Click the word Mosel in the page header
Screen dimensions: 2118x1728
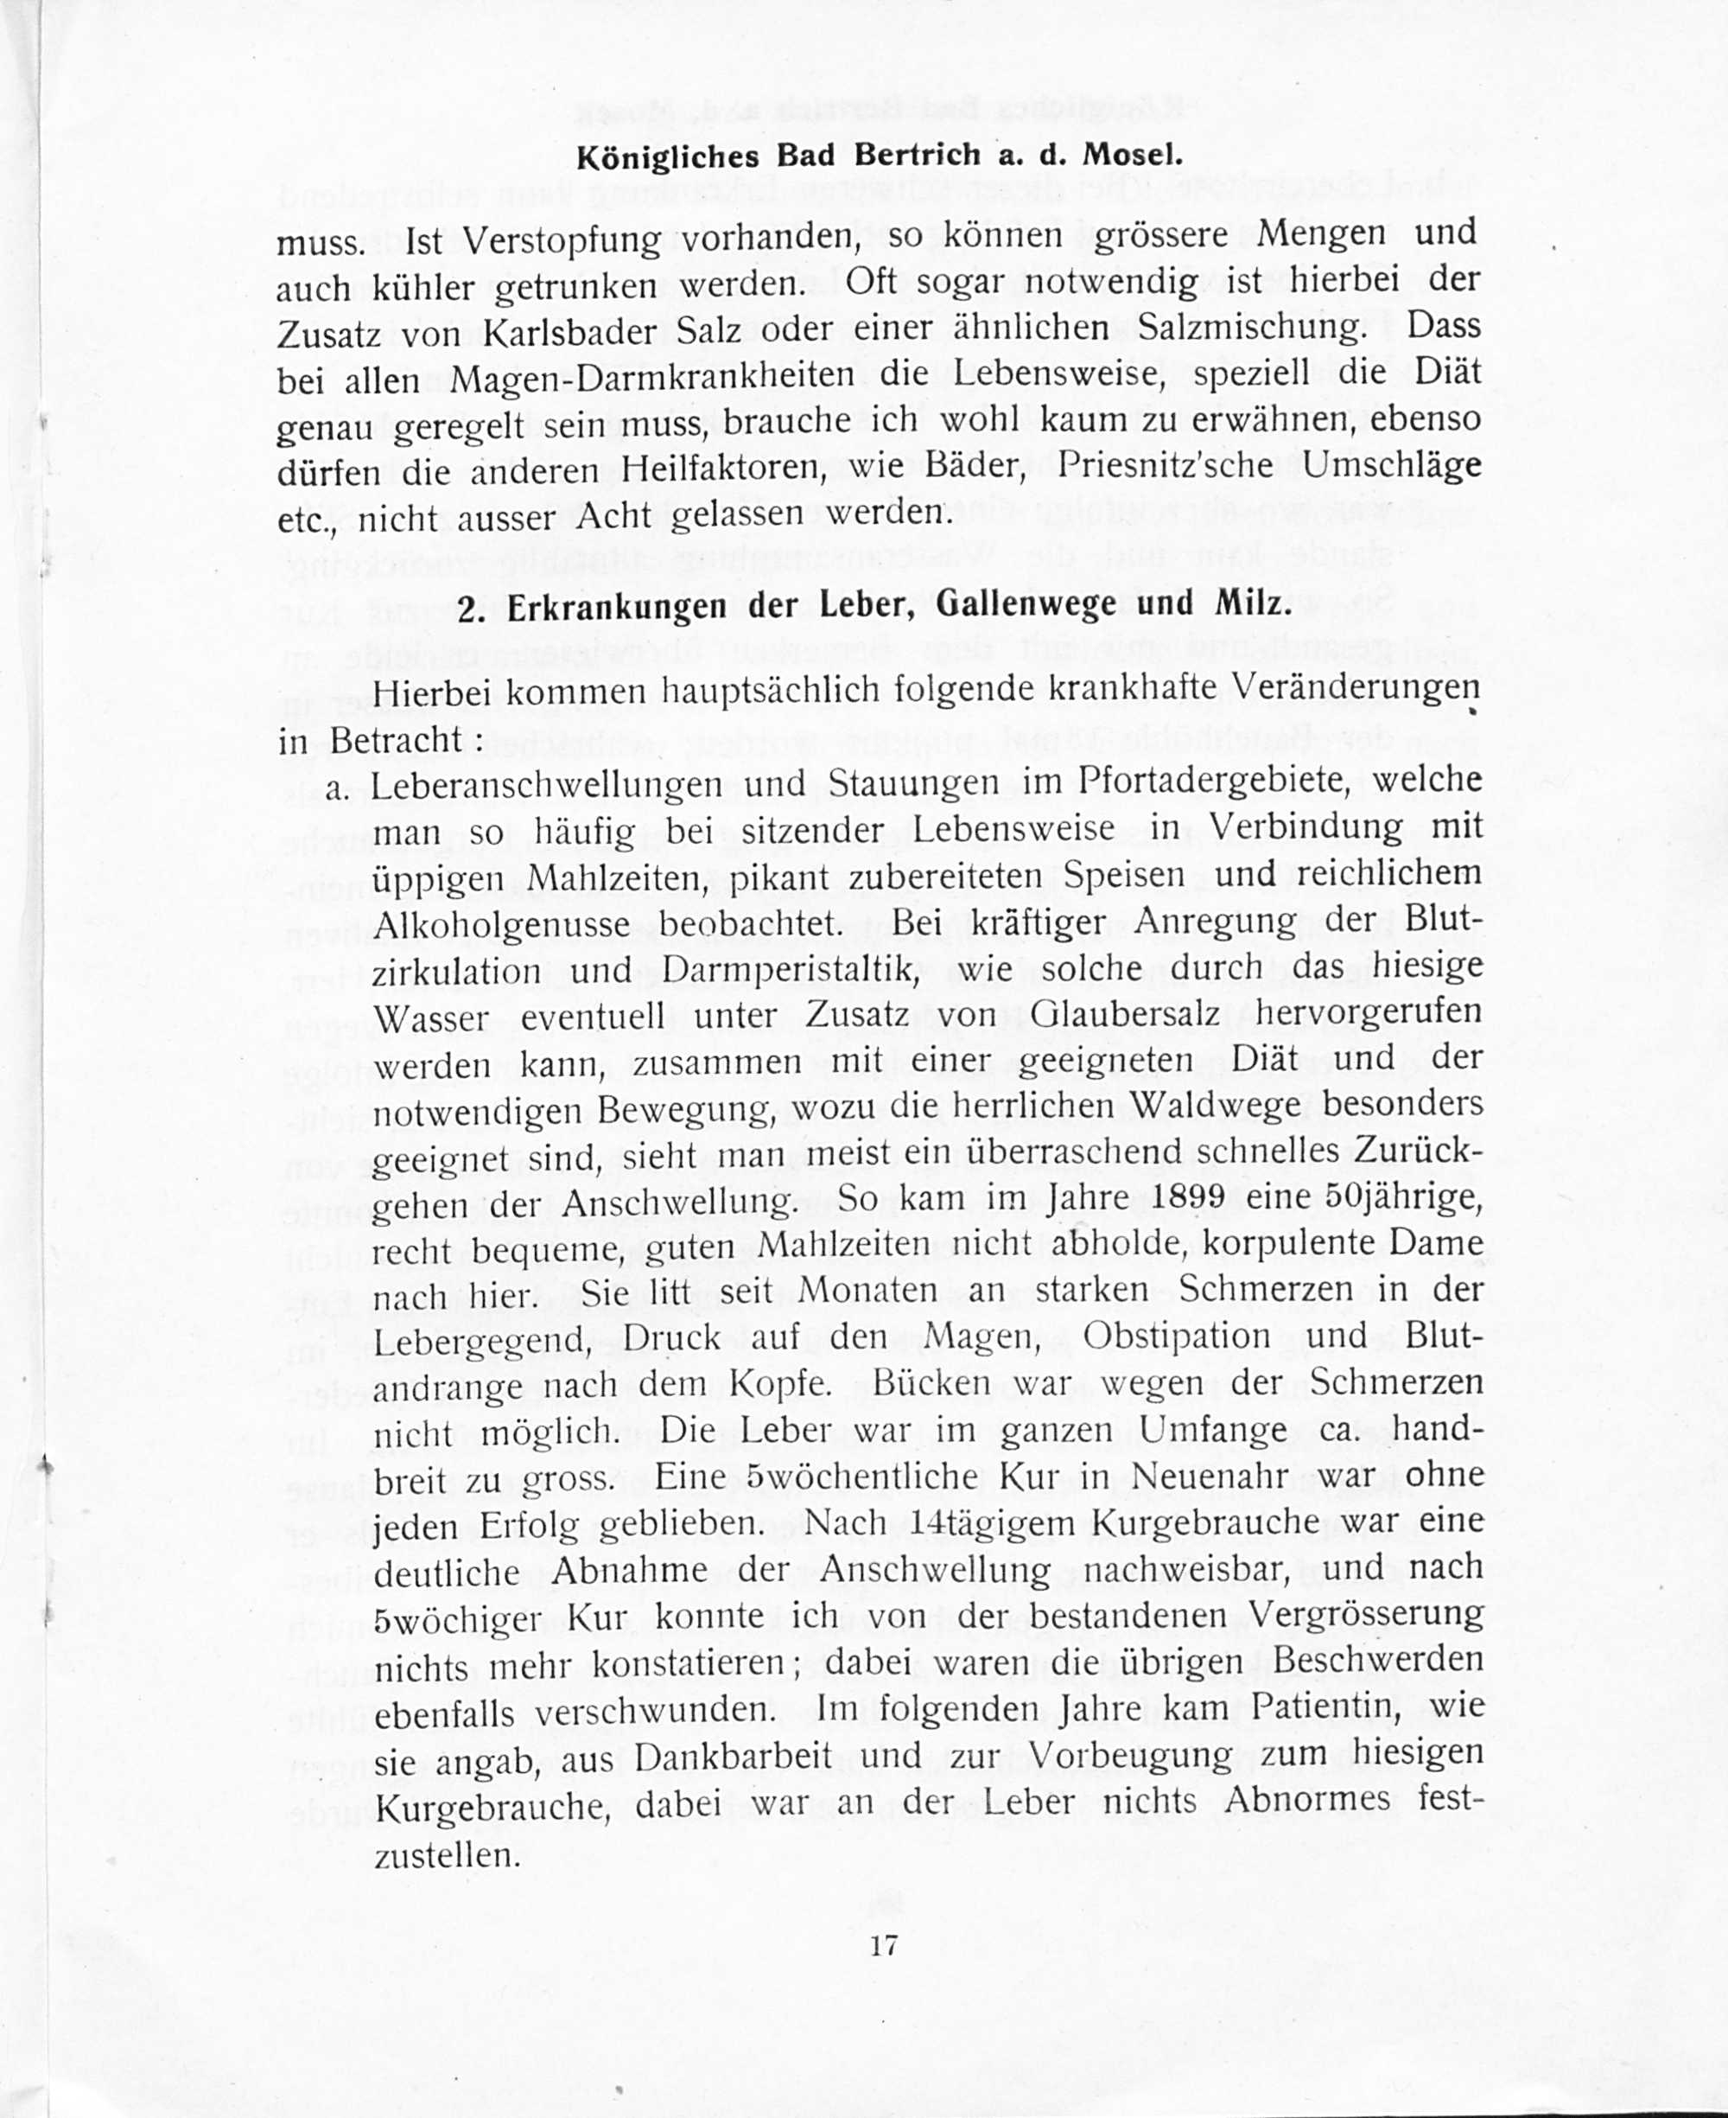click(1132, 156)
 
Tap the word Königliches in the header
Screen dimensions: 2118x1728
click(668, 157)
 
